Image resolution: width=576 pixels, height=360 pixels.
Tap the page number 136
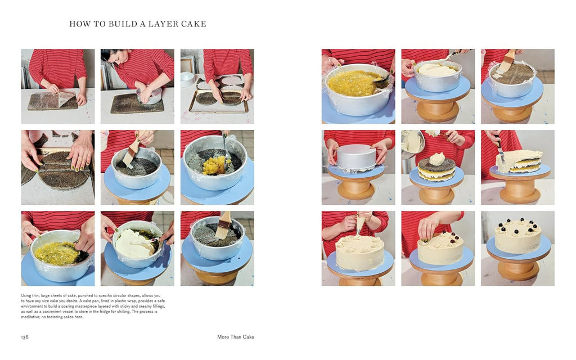[x=25, y=337]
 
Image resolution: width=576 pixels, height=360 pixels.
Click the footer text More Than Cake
[x=236, y=337]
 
